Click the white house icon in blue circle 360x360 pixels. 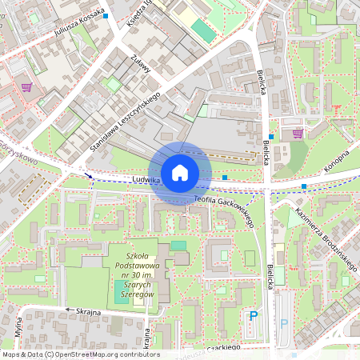coord(180,172)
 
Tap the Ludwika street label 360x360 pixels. coord(148,181)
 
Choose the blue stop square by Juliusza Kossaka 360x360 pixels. coord(106,14)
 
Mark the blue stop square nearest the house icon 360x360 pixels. coord(225,177)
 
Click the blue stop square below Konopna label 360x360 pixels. coord(304,186)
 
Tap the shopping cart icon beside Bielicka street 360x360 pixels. coord(298,134)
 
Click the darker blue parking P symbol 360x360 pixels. coord(254,316)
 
